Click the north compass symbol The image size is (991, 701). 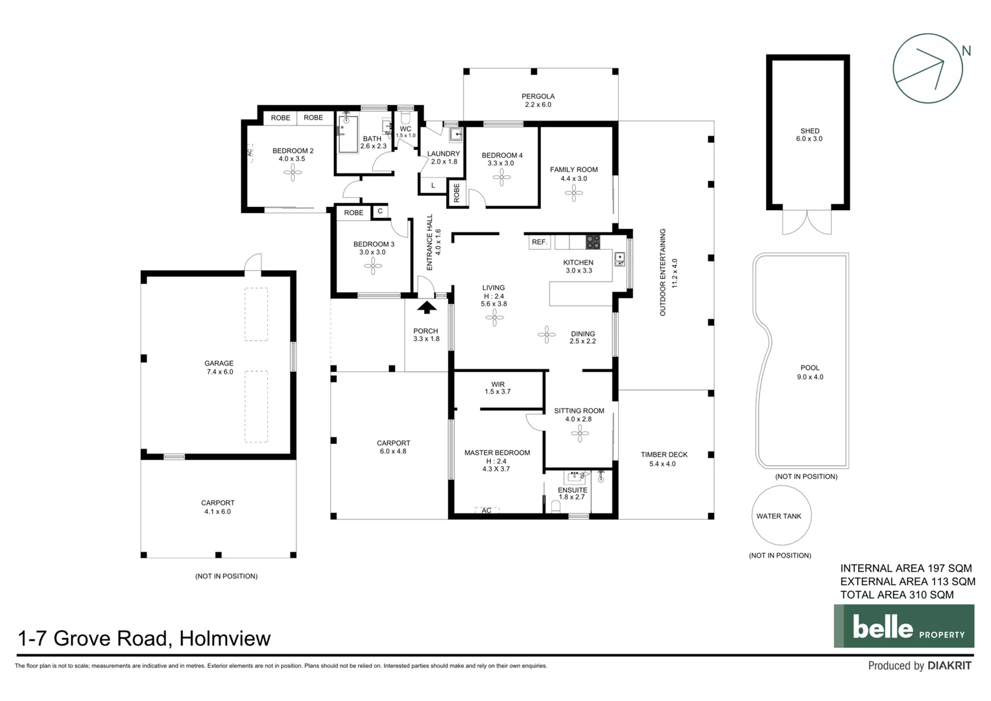927,68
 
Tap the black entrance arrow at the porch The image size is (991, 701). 427,308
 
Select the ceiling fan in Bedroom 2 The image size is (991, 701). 292,172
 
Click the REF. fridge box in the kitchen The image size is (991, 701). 539,242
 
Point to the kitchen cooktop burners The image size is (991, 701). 593,242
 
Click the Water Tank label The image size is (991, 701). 778,517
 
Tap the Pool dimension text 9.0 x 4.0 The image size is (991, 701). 809,377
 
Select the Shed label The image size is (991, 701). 809,130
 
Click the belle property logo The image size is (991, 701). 903,626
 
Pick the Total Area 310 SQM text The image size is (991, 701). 896,595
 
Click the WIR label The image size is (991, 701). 497,384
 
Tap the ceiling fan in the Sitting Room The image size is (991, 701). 579,434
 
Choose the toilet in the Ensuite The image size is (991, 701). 555,506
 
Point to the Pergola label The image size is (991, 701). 538,96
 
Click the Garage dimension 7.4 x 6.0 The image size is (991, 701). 219,372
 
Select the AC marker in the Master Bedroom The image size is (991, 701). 486,511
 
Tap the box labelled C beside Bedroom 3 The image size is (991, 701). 380,211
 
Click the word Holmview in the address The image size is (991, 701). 224,639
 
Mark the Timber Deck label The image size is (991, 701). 663,454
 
